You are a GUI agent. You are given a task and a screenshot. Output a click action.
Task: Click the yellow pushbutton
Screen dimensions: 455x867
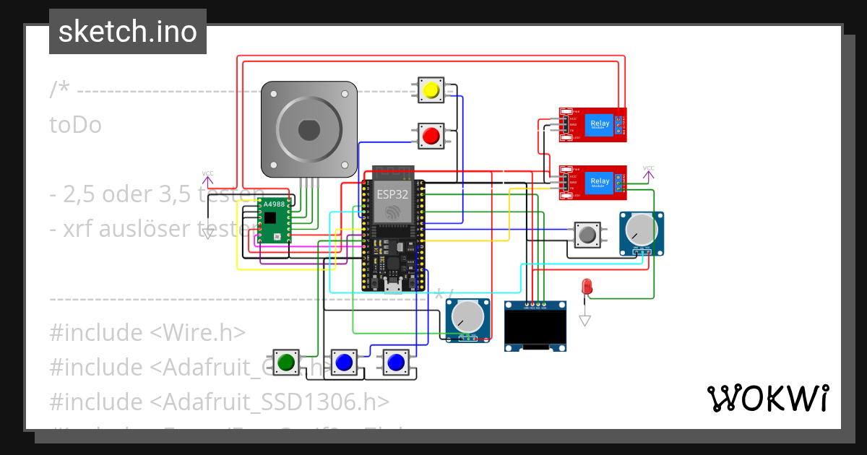pos(431,90)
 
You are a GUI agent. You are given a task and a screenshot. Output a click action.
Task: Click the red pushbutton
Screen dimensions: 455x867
pos(431,135)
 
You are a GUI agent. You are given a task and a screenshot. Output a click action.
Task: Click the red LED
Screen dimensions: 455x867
pos(587,286)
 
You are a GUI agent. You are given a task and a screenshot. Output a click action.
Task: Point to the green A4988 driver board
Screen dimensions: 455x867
pos(275,220)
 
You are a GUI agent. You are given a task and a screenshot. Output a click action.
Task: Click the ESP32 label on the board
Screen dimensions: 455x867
pos(392,194)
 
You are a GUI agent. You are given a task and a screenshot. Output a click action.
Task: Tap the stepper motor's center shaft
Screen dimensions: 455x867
pos(309,130)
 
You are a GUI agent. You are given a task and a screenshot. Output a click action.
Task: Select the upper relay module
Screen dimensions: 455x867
pos(592,124)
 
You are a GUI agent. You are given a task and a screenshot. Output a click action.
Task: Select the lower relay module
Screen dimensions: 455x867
pos(592,182)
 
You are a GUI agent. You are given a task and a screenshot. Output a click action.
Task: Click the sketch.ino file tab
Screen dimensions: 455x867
pos(128,32)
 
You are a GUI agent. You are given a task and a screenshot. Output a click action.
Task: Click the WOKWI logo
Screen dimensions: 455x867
pos(767,398)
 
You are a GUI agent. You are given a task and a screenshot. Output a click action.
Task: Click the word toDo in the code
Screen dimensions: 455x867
pos(75,125)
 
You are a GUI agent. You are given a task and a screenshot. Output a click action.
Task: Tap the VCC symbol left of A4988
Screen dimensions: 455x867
pos(207,177)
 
